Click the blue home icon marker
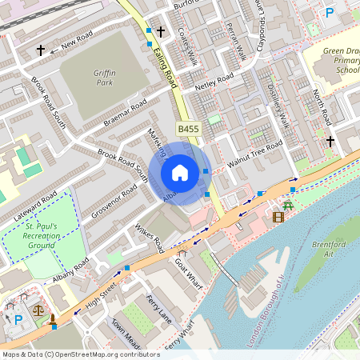pos(180,173)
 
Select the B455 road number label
pos(189,129)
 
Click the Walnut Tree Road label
pos(254,152)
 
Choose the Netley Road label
pos(214,82)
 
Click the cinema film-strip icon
pos(278,216)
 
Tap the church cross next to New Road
pos(41,50)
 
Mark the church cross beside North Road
pos(330,142)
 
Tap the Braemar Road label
pos(126,114)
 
